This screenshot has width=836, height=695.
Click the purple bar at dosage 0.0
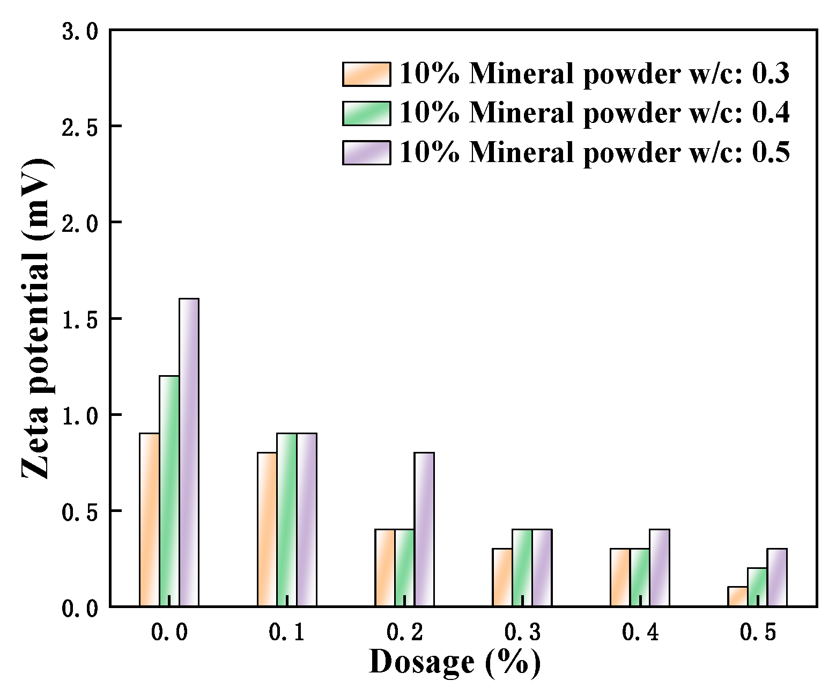[189, 452]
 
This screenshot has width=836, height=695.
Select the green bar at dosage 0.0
[169, 491]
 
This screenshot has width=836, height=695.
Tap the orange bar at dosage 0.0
[150, 520]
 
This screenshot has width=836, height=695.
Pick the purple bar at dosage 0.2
[424, 529]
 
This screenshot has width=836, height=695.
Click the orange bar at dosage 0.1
[267, 529]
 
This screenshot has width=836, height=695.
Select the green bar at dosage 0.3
[522, 568]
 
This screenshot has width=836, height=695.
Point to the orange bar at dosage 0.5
[738, 597]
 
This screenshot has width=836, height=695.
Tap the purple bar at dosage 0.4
[660, 568]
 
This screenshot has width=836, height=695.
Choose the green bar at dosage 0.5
[757, 587]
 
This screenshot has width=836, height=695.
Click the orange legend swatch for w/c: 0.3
[367, 74]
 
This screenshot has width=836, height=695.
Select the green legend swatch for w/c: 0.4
[367, 113]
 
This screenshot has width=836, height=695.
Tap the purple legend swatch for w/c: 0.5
[367, 152]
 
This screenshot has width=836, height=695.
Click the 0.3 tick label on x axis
[522, 633]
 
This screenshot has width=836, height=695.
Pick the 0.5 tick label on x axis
[757, 633]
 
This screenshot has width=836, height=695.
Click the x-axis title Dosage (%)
[455, 662]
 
